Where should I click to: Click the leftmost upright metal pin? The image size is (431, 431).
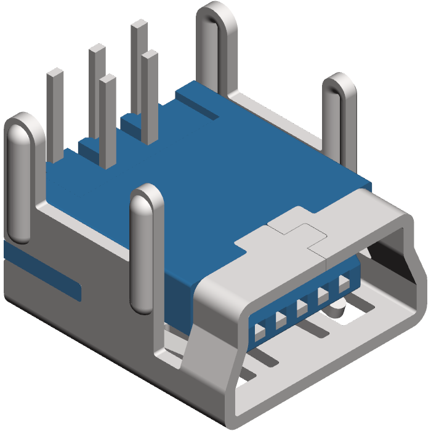(x=55, y=111)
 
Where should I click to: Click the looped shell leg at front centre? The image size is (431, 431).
(x=147, y=246)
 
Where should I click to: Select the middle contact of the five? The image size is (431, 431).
(x=302, y=307)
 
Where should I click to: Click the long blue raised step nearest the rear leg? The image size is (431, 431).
(x=197, y=102)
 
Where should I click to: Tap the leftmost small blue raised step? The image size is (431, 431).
(x=89, y=148)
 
